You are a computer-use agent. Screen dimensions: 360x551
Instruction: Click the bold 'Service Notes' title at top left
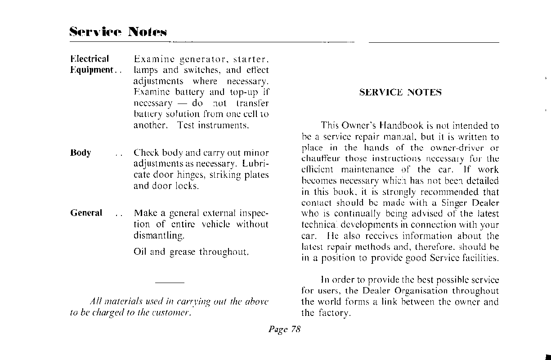pyautogui.click(x=118, y=32)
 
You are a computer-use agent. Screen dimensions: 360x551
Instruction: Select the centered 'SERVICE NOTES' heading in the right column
pyautogui.click(x=400, y=93)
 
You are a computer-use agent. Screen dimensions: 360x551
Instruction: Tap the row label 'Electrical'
pyautogui.click(x=90, y=59)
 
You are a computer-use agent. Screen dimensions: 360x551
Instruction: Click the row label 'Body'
pyautogui.click(x=81, y=153)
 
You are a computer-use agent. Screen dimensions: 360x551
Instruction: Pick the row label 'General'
pyautogui.click(x=86, y=213)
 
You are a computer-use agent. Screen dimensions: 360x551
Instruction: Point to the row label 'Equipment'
pyautogui.click(x=91, y=70)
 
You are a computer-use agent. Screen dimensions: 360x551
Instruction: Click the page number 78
pyautogui.click(x=295, y=329)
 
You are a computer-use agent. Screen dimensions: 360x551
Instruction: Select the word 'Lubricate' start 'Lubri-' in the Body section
pyautogui.click(x=255, y=164)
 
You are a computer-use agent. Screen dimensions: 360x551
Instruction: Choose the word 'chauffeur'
pyautogui.click(x=321, y=159)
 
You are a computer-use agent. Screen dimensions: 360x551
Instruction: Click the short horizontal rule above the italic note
pyautogui.click(x=169, y=282)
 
